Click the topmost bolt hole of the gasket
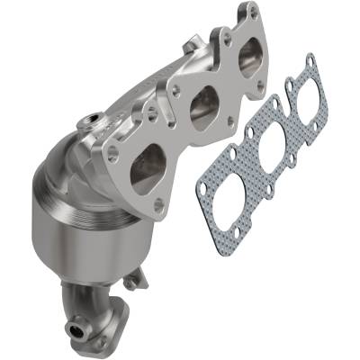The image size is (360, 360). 310,60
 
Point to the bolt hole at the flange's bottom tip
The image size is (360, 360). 159,205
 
